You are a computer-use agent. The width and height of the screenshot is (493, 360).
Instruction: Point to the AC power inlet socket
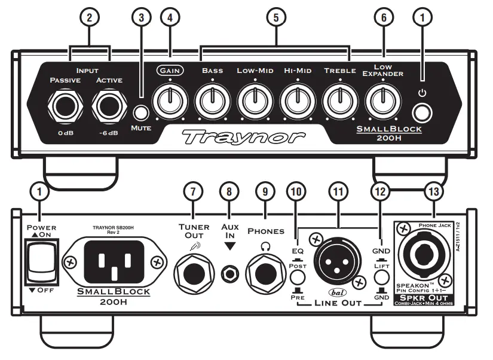[113, 261]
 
